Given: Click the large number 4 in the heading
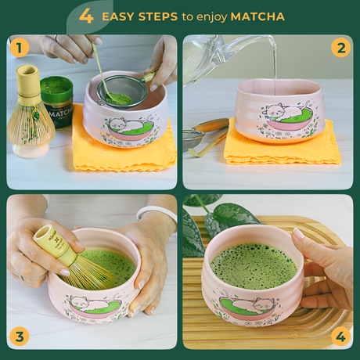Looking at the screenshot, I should (x=86, y=15).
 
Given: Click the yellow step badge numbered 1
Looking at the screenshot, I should (x=20, y=48).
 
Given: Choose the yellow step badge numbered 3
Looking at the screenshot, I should (x=20, y=337).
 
